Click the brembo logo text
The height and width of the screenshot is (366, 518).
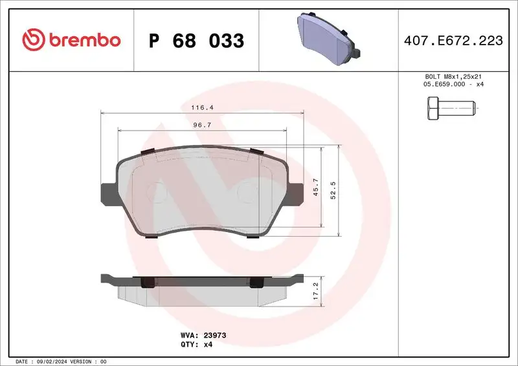point(82,40)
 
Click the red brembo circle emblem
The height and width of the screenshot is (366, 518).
point(31,40)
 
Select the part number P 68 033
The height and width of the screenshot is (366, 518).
point(196,41)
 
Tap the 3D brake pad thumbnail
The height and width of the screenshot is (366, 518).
point(328,38)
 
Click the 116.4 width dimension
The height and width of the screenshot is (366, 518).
point(202,107)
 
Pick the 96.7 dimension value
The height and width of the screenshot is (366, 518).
point(202,125)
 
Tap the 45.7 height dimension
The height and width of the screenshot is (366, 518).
point(315,188)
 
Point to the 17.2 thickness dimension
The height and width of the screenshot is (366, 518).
point(315,288)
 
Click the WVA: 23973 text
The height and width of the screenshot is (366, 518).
point(203,336)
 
